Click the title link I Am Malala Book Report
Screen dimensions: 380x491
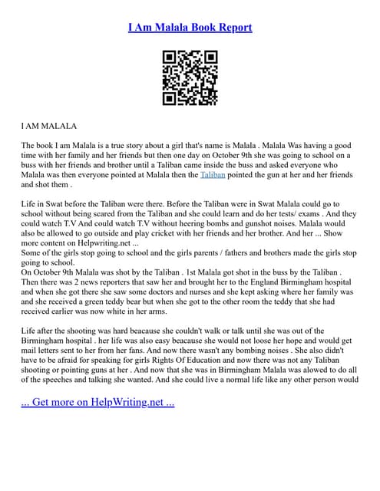click(190, 28)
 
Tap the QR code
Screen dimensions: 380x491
click(190, 77)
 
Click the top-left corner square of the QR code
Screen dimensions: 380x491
click(170, 58)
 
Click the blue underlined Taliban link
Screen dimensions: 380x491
click(213, 175)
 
